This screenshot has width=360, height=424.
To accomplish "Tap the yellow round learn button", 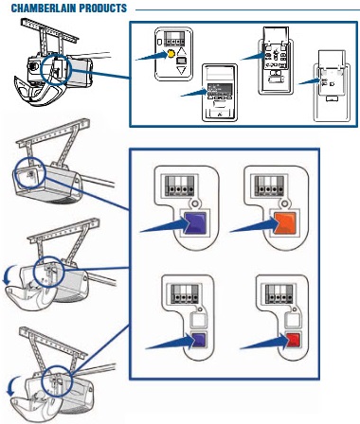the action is [x=171, y=54].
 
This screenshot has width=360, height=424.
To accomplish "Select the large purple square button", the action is [x=195, y=223].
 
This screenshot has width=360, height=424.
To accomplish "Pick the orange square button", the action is [x=285, y=223].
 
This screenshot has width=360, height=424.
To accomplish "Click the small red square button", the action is [x=293, y=341].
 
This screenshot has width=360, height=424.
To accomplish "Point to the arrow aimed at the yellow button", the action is [x=153, y=56].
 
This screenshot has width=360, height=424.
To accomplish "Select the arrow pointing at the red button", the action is [x=264, y=344].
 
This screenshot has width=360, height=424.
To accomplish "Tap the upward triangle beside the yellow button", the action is [x=181, y=52].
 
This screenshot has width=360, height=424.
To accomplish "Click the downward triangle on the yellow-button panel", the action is [x=181, y=70].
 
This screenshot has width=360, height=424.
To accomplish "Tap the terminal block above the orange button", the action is [x=269, y=185].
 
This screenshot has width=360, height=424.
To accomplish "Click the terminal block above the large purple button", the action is [x=180, y=185].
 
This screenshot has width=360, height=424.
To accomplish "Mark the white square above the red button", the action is [x=293, y=321].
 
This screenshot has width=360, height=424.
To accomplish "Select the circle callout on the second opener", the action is [x=30, y=173].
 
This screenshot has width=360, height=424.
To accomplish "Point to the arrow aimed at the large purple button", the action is [x=164, y=226].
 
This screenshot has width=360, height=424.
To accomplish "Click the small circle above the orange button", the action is [x=285, y=203].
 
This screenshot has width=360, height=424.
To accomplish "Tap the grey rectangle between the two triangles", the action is [x=181, y=61].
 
